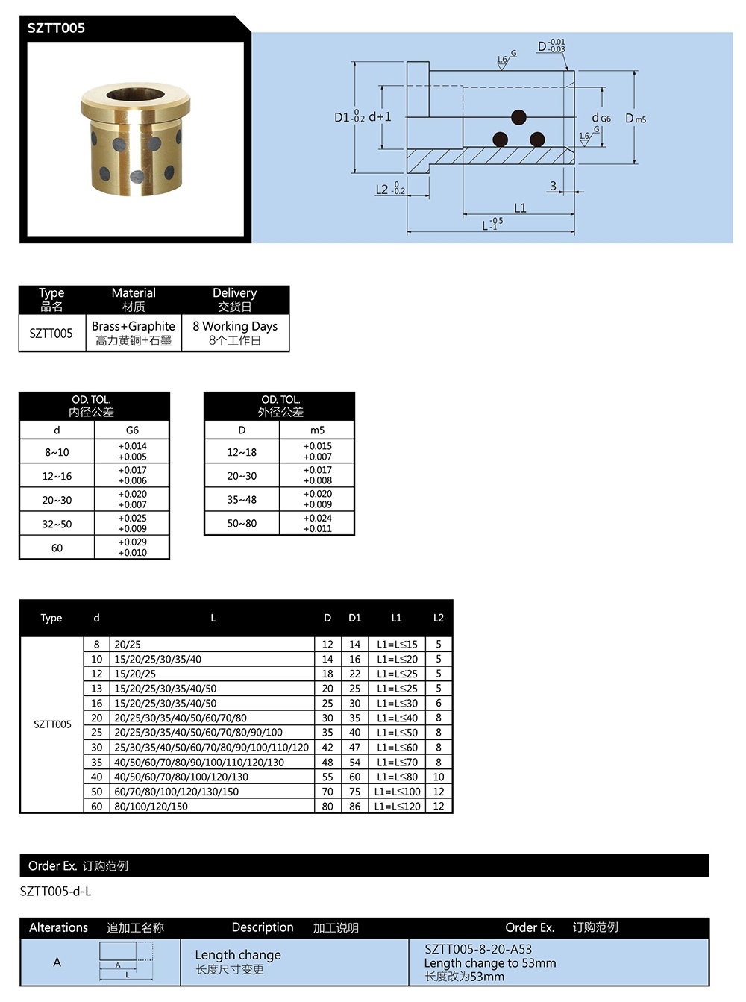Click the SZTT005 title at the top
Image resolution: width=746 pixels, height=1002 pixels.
[x=56, y=28]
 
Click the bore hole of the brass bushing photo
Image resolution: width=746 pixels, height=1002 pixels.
[x=135, y=95]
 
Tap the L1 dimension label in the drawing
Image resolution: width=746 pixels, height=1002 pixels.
[x=520, y=208]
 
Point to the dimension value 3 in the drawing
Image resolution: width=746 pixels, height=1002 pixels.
[x=553, y=186]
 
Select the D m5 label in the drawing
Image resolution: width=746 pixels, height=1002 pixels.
[x=635, y=119]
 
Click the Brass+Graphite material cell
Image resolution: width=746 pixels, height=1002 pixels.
[x=134, y=333]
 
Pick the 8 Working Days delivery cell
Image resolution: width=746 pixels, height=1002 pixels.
[x=235, y=333]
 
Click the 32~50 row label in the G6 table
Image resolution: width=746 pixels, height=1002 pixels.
[x=57, y=524]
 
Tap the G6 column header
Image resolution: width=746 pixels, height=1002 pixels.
[x=132, y=430]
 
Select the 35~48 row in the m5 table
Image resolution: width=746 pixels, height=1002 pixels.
[x=242, y=499]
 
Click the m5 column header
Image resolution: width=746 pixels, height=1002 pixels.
[x=318, y=430]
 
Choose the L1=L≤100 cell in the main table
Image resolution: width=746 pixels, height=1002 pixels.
[x=397, y=792]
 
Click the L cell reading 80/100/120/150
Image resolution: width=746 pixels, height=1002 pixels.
[x=151, y=807]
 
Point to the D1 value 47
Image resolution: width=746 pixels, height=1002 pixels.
[x=354, y=748]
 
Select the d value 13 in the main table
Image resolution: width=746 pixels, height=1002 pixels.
[x=97, y=689]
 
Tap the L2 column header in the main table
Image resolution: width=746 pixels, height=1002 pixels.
[x=438, y=618]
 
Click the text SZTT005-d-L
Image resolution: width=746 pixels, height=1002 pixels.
[x=55, y=891]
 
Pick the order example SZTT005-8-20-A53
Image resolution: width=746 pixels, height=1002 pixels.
[x=478, y=949]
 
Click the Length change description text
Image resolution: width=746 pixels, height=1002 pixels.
[x=238, y=955]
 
